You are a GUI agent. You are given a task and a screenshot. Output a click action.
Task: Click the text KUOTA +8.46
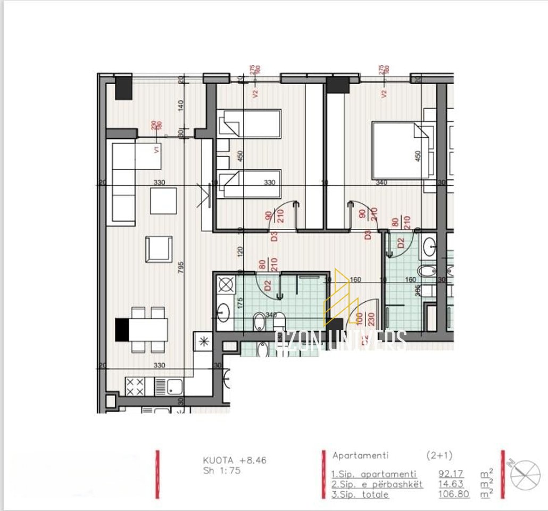(x=234, y=460)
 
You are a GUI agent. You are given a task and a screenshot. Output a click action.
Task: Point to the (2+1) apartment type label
(x=439, y=456)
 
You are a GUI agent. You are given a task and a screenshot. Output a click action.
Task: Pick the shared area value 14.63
(x=451, y=484)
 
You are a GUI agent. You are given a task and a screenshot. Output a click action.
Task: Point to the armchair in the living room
(x=159, y=249)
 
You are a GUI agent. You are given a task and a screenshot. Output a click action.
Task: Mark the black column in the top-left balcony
(x=123, y=87)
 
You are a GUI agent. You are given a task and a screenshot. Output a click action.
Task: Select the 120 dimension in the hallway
(x=240, y=252)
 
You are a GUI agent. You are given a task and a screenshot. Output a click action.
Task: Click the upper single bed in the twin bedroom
(x=250, y=123)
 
